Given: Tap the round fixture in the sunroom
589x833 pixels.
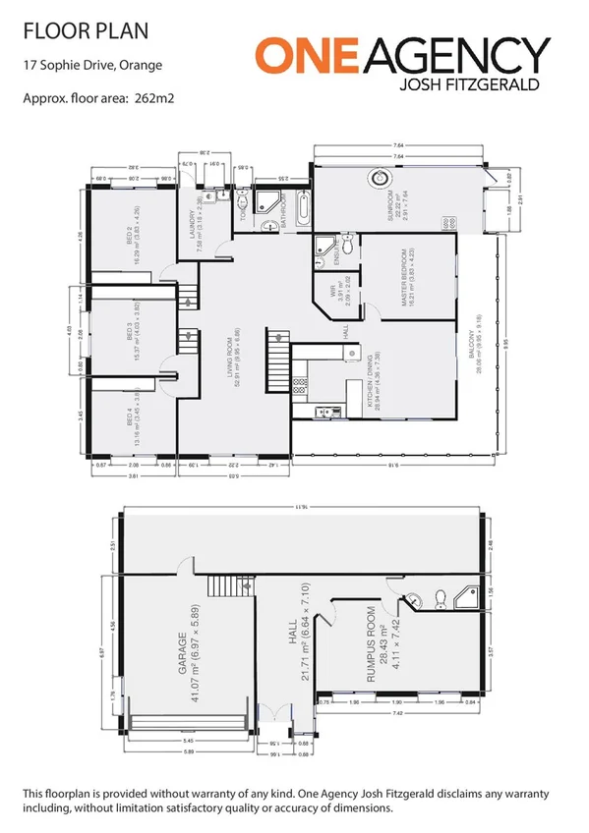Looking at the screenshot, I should pyautogui.click(x=380, y=179).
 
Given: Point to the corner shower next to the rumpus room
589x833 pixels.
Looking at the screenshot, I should pyautogui.click(x=465, y=597).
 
